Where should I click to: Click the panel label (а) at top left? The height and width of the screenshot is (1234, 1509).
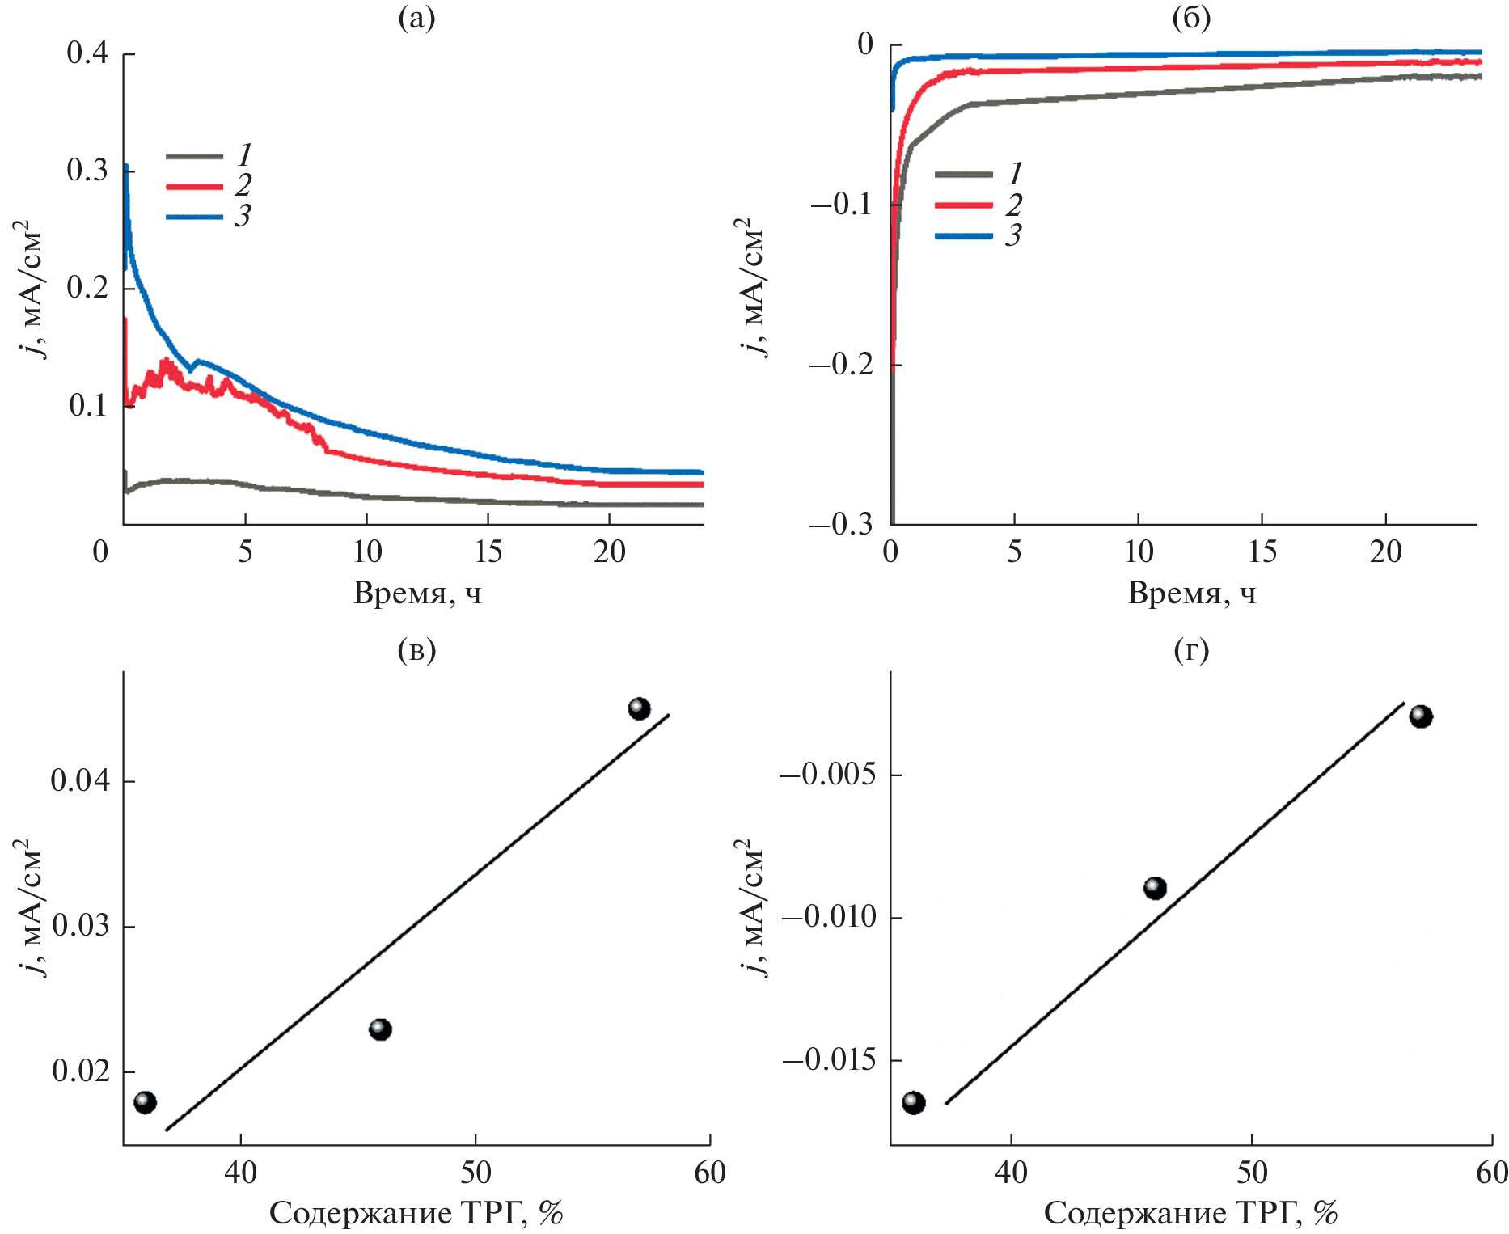416,18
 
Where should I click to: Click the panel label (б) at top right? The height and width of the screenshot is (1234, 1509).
1190,18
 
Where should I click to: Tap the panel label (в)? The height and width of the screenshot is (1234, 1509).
416,649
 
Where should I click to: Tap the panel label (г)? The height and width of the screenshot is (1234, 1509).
1190,649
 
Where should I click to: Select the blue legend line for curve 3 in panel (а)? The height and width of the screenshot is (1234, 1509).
194,218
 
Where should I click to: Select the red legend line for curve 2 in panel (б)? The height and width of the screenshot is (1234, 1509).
963,205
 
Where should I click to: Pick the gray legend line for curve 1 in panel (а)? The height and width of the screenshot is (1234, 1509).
194,156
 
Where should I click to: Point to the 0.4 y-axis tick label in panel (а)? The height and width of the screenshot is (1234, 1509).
87,53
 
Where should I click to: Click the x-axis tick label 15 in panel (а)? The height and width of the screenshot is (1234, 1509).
488,552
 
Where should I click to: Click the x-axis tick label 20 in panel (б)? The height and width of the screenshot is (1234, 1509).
1385,552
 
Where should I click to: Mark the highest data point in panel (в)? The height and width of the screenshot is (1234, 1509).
639,709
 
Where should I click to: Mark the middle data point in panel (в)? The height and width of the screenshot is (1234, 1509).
380,1029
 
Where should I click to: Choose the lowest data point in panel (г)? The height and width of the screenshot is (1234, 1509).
914,1103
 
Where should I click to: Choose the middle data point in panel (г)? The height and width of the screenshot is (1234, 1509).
1155,888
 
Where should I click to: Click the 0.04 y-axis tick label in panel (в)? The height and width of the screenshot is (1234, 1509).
80,781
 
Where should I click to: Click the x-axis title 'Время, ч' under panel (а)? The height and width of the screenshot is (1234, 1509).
416,594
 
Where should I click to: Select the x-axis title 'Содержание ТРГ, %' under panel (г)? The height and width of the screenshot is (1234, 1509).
1190,1213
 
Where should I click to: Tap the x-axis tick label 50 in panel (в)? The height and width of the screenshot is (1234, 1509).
476,1173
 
